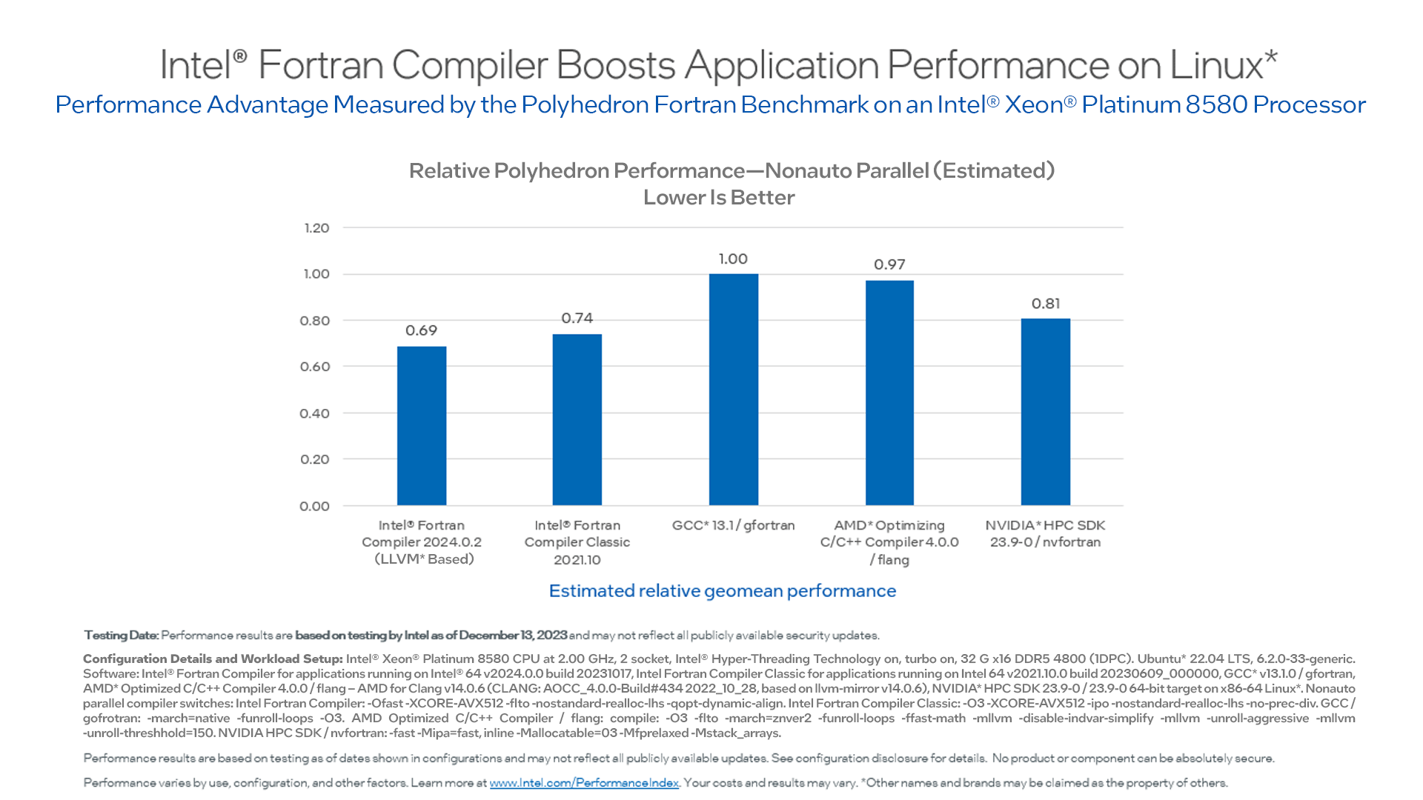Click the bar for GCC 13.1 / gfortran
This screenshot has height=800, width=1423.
point(733,390)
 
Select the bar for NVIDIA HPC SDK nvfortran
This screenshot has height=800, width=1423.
point(1045,412)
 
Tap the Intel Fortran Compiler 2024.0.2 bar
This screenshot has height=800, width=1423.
point(421,426)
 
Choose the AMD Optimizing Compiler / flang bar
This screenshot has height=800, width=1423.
point(889,393)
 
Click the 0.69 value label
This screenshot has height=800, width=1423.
point(421,330)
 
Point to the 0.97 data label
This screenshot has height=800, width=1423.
point(889,264)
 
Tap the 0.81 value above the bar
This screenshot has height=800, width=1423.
point(1045,304)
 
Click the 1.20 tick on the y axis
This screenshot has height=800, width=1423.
point(316,228)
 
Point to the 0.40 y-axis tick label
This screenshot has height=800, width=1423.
point(314,413)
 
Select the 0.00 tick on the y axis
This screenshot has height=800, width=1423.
point(314,507)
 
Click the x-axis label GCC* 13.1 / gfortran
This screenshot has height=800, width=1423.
point(733,525)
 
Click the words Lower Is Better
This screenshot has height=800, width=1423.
point(718,198)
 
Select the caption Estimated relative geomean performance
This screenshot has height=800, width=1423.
point(722,591)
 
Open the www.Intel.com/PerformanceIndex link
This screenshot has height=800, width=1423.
point(584,783)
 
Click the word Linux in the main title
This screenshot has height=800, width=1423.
point(1215,65)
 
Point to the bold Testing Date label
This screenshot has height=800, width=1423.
point(121,636)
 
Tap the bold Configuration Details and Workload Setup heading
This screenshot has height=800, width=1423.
point(213,659)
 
